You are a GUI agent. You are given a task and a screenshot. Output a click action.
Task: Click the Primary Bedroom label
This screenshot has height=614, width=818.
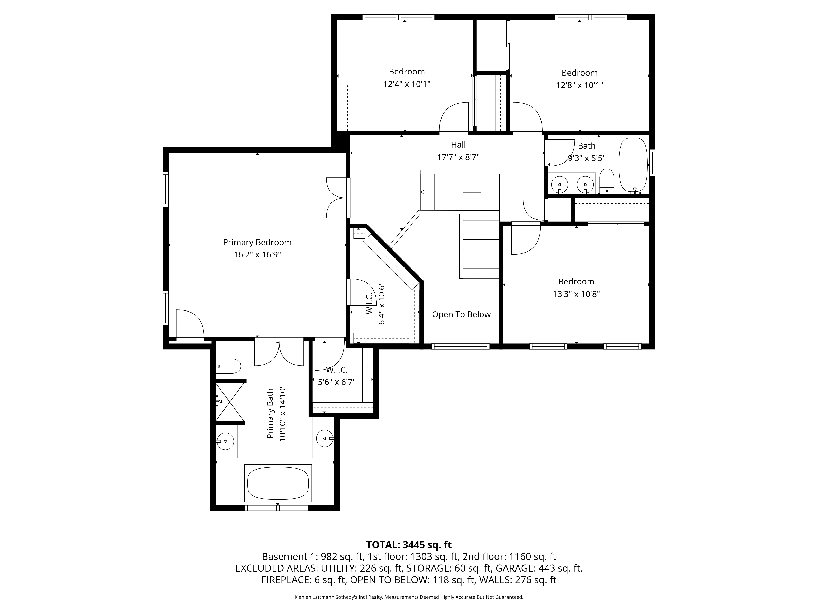point(257,242)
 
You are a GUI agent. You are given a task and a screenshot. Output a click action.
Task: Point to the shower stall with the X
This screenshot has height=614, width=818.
point(230,402)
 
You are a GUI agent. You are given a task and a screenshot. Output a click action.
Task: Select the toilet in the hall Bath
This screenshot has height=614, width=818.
point(607,181)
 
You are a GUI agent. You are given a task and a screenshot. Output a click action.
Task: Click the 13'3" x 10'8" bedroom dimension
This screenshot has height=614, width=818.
point(576,294)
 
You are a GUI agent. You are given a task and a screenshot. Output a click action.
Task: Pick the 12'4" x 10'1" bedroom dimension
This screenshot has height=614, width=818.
point(407,84)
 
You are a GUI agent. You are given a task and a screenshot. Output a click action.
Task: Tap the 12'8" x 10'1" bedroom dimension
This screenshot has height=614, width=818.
point(580,85)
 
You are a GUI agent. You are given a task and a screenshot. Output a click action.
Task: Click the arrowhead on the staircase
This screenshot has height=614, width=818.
point(422,192)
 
